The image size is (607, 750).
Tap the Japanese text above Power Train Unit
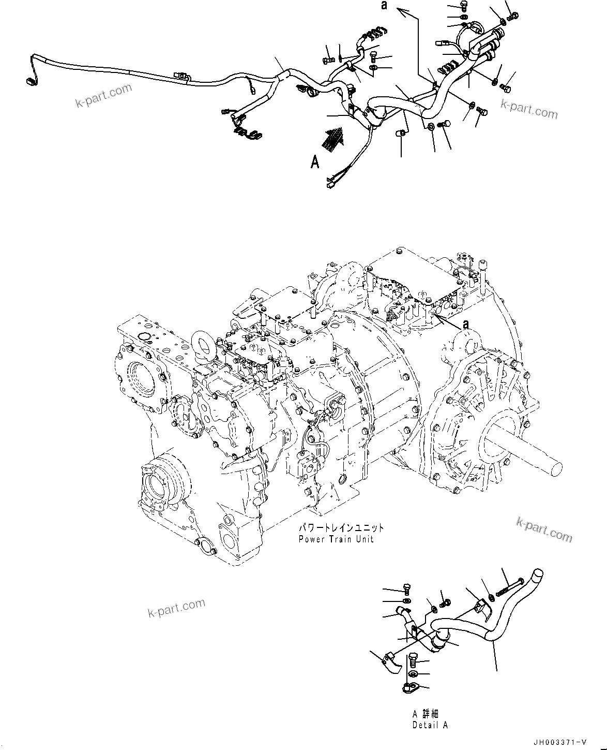341,528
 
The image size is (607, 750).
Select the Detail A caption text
430,725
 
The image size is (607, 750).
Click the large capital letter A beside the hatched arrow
314,163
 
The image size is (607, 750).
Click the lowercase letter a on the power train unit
465,324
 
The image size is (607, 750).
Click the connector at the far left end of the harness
31,81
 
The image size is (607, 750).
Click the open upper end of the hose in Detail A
539,572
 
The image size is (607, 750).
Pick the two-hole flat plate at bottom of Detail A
410,688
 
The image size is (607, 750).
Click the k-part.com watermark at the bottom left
176,608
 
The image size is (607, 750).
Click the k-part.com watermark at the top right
529,109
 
